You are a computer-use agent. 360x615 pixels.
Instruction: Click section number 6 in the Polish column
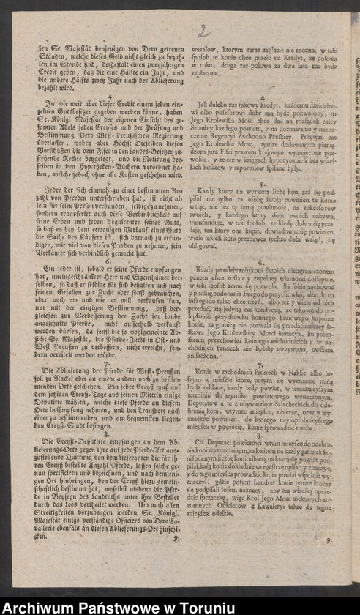(x=261, y=262)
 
